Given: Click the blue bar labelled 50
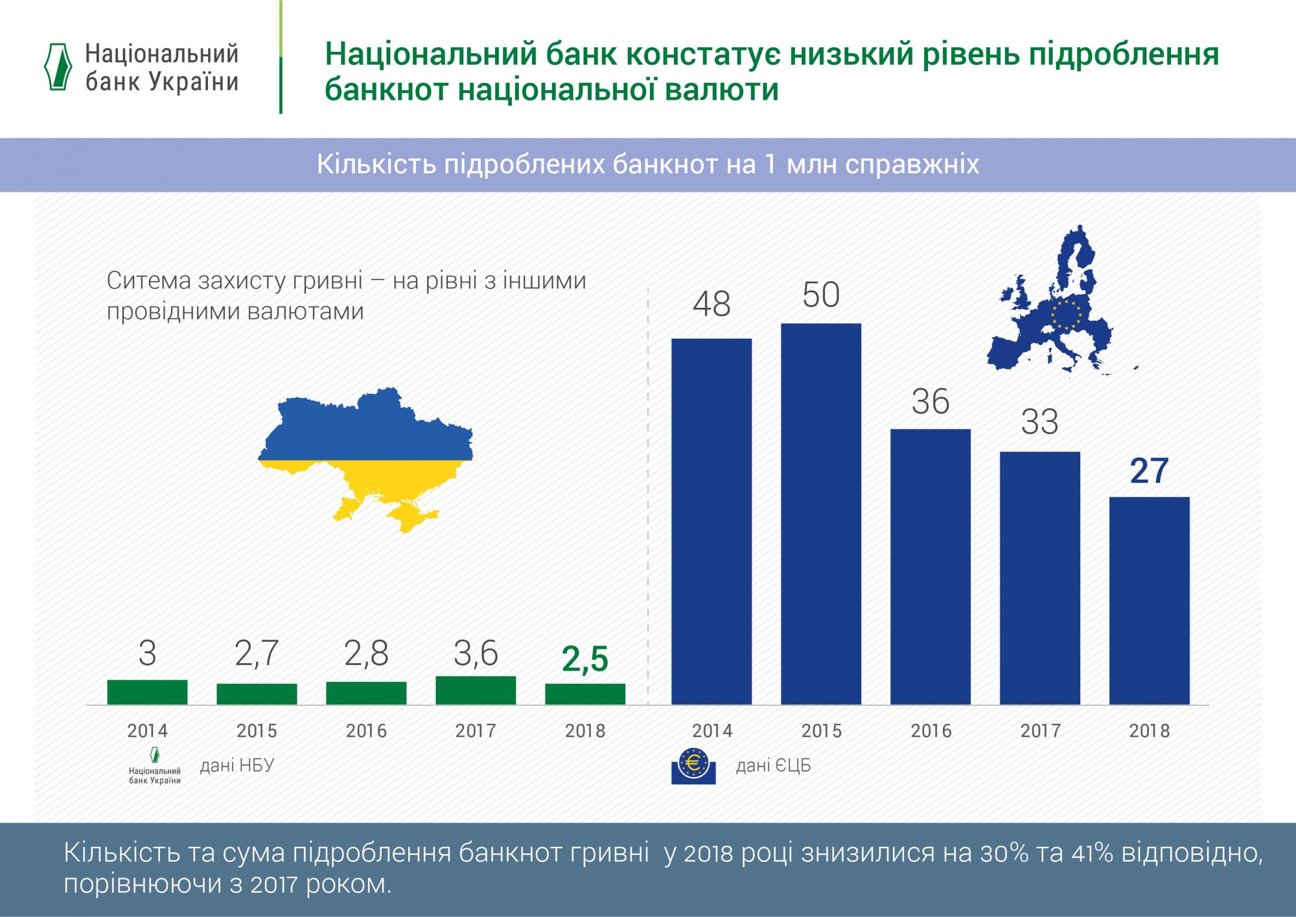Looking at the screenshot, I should (x=821, y=513).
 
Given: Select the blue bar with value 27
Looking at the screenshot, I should (x=1149, y=600).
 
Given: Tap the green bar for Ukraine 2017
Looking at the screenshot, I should (x=476, y=690).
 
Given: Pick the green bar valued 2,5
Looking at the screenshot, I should (x=585, y=694).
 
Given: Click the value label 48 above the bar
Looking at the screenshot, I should (x=712, y=304).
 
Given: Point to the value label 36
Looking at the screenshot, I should (x=931, y=402).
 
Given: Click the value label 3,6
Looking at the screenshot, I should (x=476, y=653).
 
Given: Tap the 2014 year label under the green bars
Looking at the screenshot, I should (x=147, y=731).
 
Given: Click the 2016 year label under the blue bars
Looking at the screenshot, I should (x=931, y=731).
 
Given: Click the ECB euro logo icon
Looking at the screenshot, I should (x=693, y=765).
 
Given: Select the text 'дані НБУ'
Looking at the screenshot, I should (x=237, y=765).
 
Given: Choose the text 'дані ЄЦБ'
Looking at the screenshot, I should (x=773, y=766).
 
